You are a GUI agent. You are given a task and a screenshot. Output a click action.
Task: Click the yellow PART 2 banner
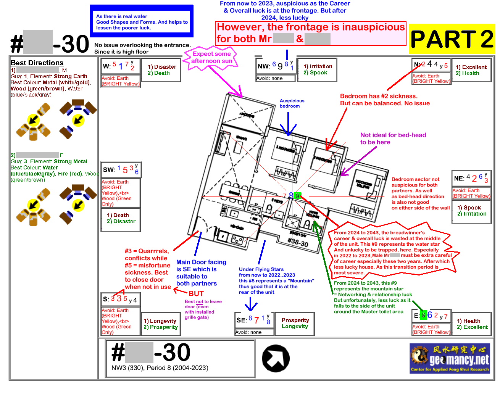click(x=452, y=39)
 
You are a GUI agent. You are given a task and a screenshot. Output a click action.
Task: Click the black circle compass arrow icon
click(x=276, y=359)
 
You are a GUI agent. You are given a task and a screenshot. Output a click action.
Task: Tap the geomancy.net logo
click(x=450, y=358)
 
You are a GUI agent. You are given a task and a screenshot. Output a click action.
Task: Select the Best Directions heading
click(x=37, y=63)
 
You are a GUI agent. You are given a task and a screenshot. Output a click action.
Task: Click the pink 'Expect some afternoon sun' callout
click(x=211, y=58)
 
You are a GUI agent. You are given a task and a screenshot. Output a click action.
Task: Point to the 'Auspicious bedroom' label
click(x=292, y=103)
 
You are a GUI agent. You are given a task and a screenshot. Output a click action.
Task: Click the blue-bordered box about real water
click(x=142, y=22)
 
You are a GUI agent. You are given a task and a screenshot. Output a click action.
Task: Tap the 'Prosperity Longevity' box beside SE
click(x=295, y=323)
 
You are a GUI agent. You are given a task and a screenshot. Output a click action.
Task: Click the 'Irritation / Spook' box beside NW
click(x=318, y=69)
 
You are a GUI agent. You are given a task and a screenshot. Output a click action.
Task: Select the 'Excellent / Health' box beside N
click(x=471, y=70)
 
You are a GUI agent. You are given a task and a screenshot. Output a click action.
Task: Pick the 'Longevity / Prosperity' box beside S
click(x=160, y=324)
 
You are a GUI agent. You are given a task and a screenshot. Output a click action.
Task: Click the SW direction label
click(x=109, y=170)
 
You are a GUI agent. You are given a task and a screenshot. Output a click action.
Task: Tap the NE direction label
click(x=459, y=178)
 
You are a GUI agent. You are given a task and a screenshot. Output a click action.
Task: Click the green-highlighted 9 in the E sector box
click(x=423, y=315)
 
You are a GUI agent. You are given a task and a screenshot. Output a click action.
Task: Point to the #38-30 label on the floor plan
click(x=298, y=242)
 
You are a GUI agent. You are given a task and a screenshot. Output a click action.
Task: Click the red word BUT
click(x=196, y=293)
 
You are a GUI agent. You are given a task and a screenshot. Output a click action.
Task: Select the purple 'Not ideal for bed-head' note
click(x=393, y=139)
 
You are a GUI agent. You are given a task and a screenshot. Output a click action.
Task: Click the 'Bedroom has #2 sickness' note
click(x=384, y=100)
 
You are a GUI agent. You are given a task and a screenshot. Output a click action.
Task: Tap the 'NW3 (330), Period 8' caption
click(x=160, y=368)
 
